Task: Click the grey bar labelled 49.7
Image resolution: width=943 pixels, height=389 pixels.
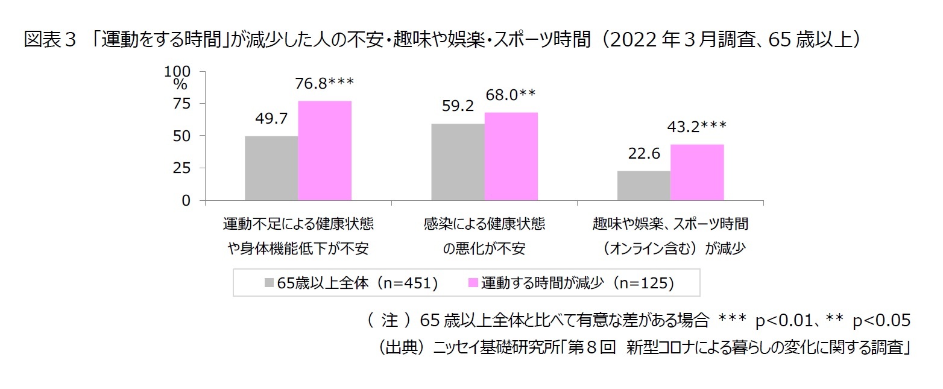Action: (271, 168)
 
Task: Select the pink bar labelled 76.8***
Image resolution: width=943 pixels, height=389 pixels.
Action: (324, 151)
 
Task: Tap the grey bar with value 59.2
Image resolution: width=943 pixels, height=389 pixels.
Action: (458, 162)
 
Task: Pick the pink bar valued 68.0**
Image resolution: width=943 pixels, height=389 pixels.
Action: (511, 156)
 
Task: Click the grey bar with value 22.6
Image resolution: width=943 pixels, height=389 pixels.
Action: (644, 186)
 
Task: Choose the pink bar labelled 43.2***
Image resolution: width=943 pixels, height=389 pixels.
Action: (697, 172)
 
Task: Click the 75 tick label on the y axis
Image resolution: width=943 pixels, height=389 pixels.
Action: (181, 104)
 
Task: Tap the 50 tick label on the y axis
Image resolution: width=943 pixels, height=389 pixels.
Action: (181, 136)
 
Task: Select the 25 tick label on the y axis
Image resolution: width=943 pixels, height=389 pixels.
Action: (181, 168)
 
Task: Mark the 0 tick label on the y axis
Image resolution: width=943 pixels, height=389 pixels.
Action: (186, 200)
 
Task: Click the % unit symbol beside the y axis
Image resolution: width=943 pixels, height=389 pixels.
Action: (180, 84)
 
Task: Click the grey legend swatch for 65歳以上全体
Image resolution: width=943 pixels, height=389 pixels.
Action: (270, 283)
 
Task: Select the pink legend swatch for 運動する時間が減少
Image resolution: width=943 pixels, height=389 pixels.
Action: (473, 283)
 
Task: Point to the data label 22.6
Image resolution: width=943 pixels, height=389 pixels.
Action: (643, 154)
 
